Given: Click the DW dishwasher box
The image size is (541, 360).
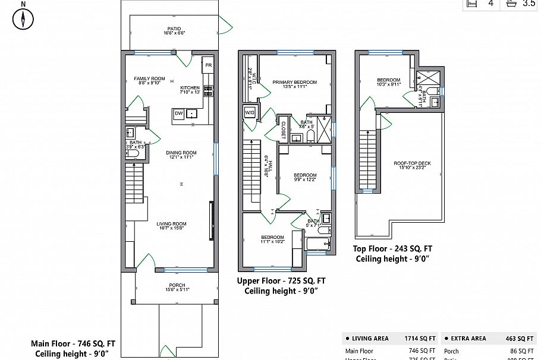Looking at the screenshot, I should click(178, 113).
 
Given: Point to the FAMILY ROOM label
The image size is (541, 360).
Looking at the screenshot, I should click(149, 79).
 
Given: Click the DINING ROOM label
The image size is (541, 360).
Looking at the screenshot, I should click(181, 153).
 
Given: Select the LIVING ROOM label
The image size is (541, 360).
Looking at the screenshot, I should click(171, 224).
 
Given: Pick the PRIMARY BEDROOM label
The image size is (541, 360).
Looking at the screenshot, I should click(294, 83).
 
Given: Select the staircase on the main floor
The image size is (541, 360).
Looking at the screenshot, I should click(135, 184).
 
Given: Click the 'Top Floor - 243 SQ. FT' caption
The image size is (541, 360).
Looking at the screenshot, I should click(393, 249).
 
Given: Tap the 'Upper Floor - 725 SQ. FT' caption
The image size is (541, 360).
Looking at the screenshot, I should click(281, 281).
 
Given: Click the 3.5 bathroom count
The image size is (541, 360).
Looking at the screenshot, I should click(529, 4).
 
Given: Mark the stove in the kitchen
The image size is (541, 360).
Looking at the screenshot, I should click(209, 91).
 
